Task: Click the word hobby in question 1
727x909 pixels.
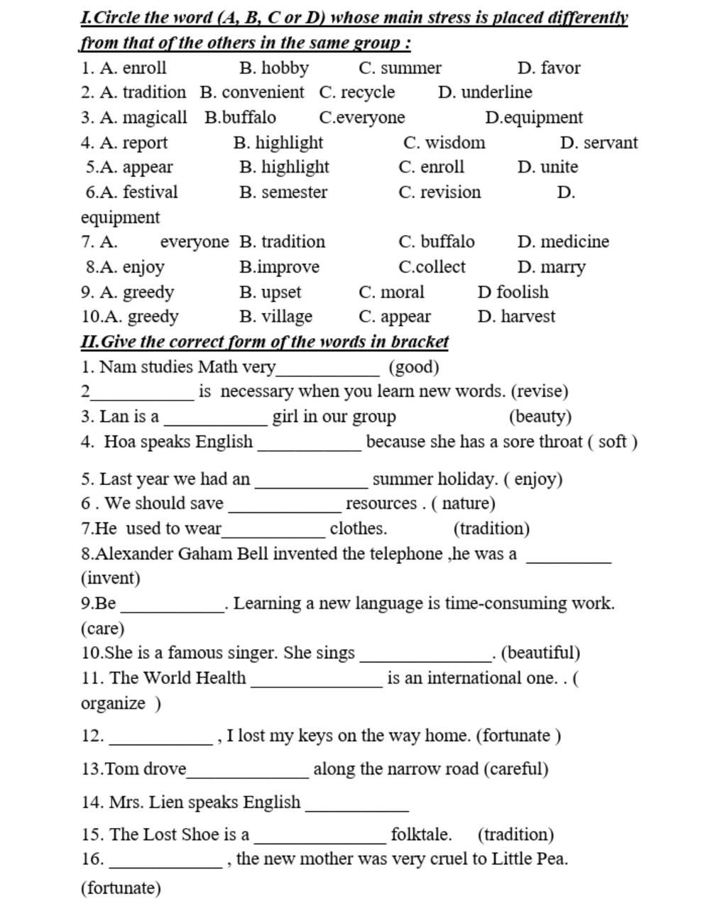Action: coord(285,68)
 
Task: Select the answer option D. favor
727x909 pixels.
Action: coord(549,68)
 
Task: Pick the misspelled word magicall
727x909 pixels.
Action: coord(155,117)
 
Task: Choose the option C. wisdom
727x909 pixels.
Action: coord(444,143)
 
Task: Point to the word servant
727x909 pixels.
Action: coord(610,143)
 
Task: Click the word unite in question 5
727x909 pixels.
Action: coord(559,167)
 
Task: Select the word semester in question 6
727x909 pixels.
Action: coord(294,192)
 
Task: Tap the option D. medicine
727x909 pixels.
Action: coord(563,241)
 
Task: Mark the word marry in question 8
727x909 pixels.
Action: coord(562,267)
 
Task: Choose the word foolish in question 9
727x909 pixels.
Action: coord(523,292)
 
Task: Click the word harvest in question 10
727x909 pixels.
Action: coord(528,316)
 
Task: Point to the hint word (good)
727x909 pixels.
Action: coord(414,367)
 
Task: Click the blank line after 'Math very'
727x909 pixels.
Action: coord(329,371)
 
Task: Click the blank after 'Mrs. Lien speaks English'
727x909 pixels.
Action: coord(356,807)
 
